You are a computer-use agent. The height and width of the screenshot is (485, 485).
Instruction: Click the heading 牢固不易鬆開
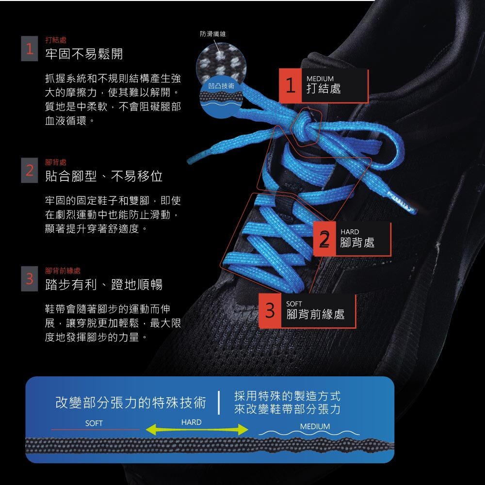pos(84,54)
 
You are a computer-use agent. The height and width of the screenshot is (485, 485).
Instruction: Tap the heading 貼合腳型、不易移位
pos(104,176)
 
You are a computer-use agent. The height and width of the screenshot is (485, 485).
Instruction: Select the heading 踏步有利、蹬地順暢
pos(104,284)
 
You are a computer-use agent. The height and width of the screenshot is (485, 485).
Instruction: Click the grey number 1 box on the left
pos(29,49)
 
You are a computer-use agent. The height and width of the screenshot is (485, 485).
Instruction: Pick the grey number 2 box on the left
pos(29,171)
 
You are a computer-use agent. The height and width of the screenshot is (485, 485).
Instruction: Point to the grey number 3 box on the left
pos(29,279)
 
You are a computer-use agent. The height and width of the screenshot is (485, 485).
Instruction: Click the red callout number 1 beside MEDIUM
pos(291,86)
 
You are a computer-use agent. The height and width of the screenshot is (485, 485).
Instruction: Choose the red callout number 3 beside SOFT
pos(270,310)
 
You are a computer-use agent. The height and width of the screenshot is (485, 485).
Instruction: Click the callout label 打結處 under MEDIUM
pos(323,88)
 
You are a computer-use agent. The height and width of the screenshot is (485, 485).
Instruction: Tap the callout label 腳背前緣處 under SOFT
pos(316,314)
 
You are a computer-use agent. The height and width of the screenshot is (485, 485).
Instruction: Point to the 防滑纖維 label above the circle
pos(212,34)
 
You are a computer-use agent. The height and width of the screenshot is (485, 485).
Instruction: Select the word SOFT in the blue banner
pos(94,423)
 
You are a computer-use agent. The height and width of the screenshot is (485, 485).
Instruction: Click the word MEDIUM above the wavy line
pos(315,426)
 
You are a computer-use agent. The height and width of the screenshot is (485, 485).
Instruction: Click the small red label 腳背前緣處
pos(63,271)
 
